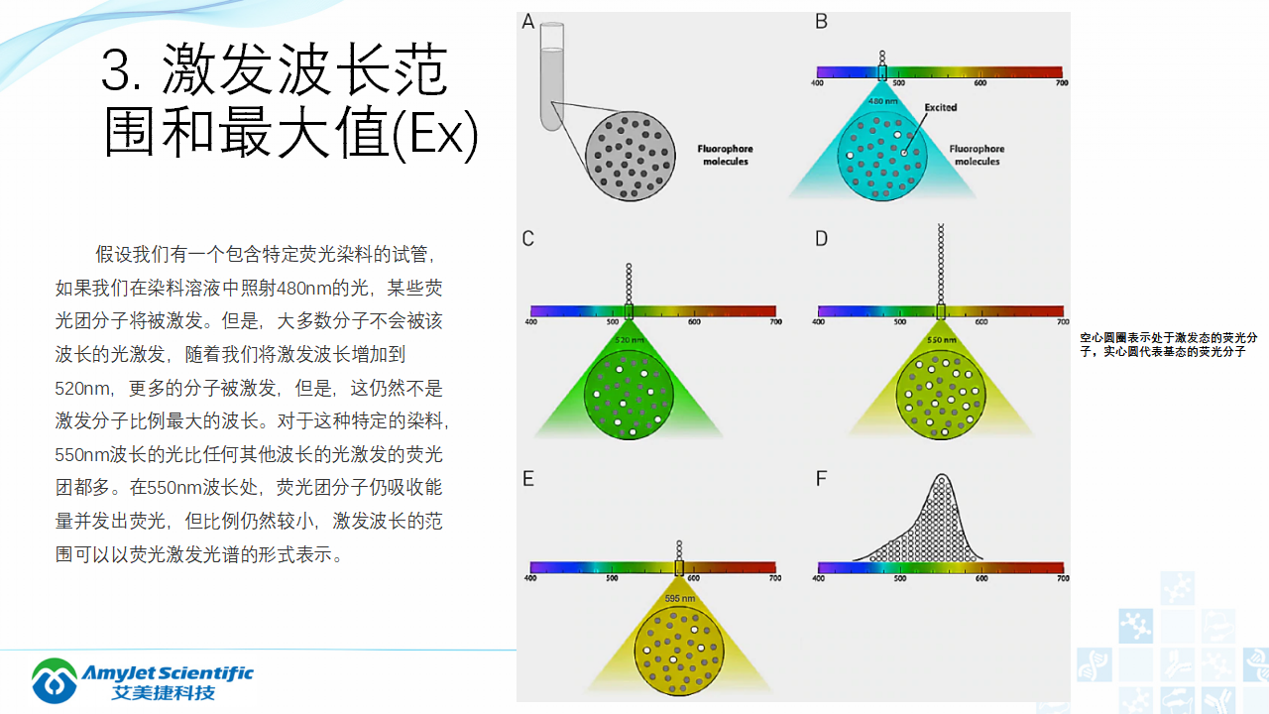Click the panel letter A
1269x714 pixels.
pos(528,22)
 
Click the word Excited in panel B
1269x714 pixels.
pos(940,107)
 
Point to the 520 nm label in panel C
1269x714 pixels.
pos(629,339)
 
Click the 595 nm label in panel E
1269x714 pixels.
pos(678,598)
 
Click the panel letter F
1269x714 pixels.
pos(821,479)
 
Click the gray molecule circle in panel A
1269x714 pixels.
pos(631,155)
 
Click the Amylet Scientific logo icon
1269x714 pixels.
pos(55,680)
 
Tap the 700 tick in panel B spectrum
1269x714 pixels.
pos(1062,82)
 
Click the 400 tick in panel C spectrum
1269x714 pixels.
pos(531,321)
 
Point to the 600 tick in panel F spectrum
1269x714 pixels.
pos(981,578)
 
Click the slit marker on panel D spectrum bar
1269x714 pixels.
pos(940,311)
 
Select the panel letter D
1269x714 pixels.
pos(821,239)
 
